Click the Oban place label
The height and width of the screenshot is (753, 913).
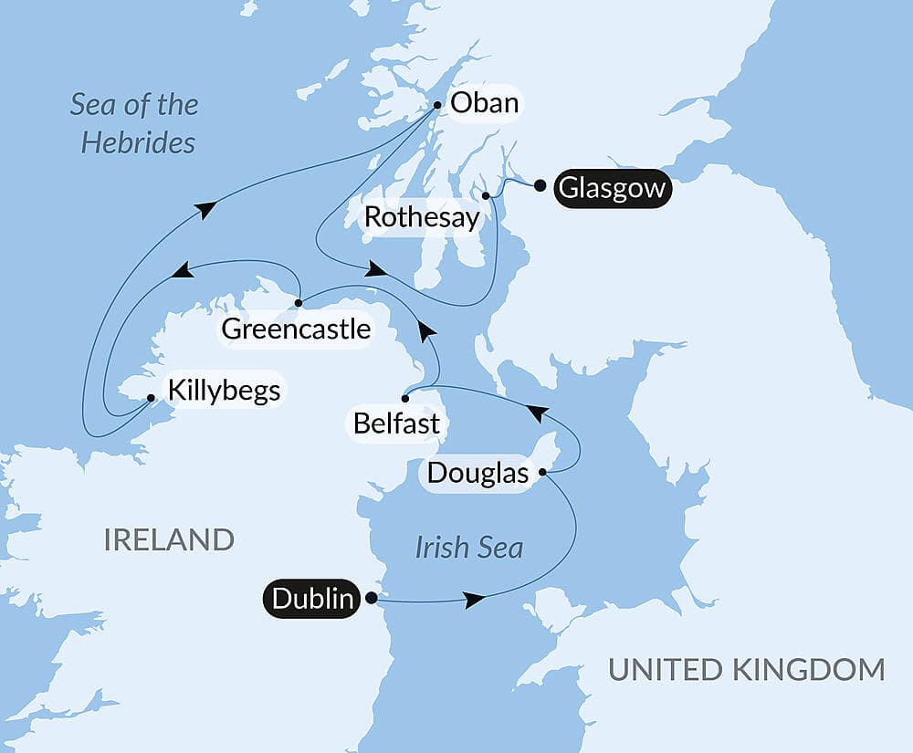pos(484,103)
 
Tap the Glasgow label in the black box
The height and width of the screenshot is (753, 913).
pos(612,189)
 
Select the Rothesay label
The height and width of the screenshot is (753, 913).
pos(421,217)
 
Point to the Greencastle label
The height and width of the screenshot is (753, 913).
pos(297,329)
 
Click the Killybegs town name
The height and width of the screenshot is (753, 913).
pos(223,392)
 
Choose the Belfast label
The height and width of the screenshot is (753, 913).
pos(398,424)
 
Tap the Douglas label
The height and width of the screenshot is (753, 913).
pos(478,474)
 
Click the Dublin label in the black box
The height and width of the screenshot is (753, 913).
pos(312,599)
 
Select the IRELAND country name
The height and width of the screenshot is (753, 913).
pos(169,539)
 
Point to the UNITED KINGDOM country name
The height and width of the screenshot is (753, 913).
pos(747,669)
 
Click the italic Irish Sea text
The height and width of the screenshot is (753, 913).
pos(468,547)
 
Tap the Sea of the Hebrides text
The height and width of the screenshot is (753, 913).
pos(136,123)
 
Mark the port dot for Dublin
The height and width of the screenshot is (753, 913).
pos(371,599)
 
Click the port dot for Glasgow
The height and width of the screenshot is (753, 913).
pos(540,186)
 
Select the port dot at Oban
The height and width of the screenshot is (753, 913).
pos(437,105)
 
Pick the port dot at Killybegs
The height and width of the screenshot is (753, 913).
pos(151,398)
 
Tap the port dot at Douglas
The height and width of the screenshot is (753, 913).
pos(542,473)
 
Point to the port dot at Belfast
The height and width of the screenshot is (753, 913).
pos(404,398)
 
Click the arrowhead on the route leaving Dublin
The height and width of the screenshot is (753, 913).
pos(473,600)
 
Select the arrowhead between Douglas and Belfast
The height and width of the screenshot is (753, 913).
pos(540,414)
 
